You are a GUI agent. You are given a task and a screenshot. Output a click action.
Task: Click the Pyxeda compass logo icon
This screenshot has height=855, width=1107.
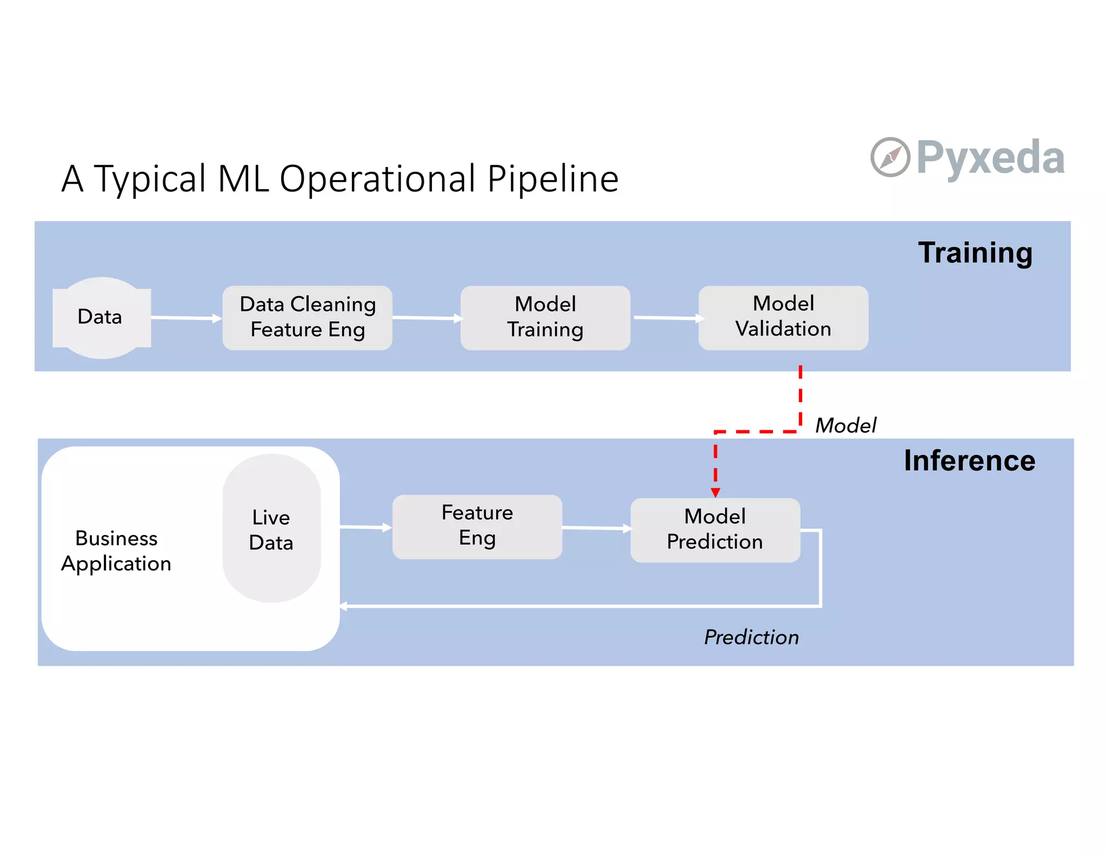pyautogui.click(x=890, y=157)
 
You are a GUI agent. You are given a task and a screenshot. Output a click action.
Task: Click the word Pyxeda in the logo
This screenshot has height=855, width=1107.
pyautogui.click(x=990, y=157)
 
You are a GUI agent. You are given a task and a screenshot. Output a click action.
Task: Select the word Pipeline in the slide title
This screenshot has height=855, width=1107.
pyautogui.click(x=552, y=179)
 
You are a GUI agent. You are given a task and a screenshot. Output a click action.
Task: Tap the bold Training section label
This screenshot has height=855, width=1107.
pyautogui.click(x=975, y=252)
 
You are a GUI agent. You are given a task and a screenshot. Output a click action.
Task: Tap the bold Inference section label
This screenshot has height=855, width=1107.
pyautogui.click(x=969, y=460)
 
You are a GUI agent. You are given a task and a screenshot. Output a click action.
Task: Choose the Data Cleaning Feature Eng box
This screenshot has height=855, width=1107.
pyautogui.click(x=308, y=317)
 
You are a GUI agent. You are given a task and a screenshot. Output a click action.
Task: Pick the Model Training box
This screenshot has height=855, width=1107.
pyautogui.click(x=545, y=317)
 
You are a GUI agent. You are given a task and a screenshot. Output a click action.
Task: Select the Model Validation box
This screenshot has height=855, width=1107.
pyautogui.click(x=783, y=317)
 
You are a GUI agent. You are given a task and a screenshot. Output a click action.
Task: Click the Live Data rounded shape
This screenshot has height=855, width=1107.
pyautogui.click(x=271, y=529)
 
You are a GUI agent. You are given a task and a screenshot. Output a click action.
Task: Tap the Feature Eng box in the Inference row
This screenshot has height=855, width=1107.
pyautogui.click(x=477, y=526)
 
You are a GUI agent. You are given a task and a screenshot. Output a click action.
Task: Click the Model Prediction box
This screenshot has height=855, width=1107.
pyautogui.click(x=715, y=530)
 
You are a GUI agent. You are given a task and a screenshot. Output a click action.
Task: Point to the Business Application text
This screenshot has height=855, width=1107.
pyautogui.click(x=116, y=551)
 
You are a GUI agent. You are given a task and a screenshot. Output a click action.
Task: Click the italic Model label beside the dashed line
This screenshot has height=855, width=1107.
pyautogui.click(x=845, y=425)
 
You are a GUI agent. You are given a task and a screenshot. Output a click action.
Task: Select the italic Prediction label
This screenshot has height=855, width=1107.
pyautogui.click(x=751, y=637)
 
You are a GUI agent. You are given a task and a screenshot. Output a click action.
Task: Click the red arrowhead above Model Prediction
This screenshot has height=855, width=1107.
pyautogui.click(x=715, y=492)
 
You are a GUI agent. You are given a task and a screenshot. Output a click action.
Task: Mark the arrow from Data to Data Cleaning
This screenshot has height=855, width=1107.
pyautogui.click(x=186, y=318)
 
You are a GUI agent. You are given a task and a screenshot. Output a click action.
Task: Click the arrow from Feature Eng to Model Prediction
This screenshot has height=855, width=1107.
pyautogui.click(x=596, y=527)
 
